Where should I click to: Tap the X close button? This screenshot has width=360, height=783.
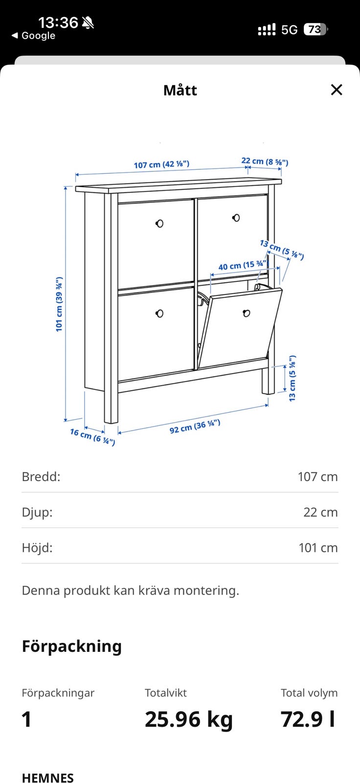(x=336, y=90)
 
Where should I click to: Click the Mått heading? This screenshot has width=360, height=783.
(x=180, y=91)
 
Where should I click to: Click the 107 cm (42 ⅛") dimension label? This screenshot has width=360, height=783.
(x=161, y=164)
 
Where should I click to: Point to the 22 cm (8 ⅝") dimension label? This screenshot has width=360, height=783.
(x=265, y=161)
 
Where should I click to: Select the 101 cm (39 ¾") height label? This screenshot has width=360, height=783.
(x=59, y=304)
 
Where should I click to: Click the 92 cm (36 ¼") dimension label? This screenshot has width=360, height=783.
(x=195, y=426)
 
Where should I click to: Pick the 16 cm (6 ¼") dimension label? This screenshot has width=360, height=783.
(x=92, y=437)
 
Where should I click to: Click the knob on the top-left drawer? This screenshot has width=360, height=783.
(x=159, y=223)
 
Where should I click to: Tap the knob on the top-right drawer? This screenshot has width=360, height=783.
(x=236, y=218)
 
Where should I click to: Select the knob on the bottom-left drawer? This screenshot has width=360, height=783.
(x=159, y=314)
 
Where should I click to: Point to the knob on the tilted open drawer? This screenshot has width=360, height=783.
(x=246, y=313)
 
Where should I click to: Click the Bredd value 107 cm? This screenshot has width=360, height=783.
(x=318, y=477)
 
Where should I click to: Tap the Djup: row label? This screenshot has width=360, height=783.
(x=37, y=512)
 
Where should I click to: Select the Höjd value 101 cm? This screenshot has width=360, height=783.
(x=318, y=548)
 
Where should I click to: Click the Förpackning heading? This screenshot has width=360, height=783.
(x=71, y=646)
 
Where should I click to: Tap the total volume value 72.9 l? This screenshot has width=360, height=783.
(x=308, y=719)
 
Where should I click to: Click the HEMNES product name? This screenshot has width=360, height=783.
(x=47, y=778)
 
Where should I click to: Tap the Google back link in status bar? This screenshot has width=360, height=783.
(x=34, y=36)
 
